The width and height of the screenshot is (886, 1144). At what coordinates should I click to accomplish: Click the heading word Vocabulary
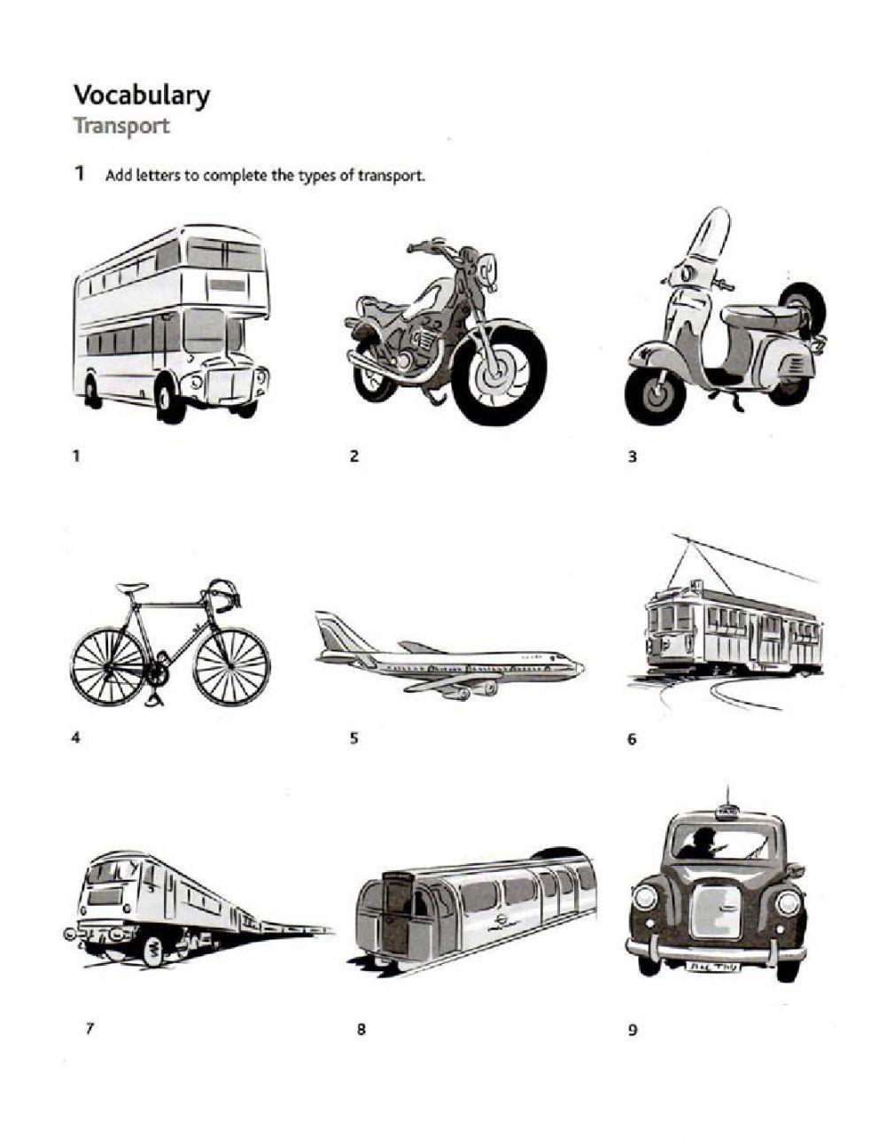(x=141, y=97)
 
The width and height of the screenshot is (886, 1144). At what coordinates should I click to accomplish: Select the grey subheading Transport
(x=121, y=127)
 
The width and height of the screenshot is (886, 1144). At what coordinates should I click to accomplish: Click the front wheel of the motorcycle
(x=498, y=374)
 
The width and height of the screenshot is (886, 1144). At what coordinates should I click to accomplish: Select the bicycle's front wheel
(x=232, y=666)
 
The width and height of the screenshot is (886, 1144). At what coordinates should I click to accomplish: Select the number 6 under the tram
(x=632, y=739)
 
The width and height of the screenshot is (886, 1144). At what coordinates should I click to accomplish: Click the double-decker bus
(x=171, y=323)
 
